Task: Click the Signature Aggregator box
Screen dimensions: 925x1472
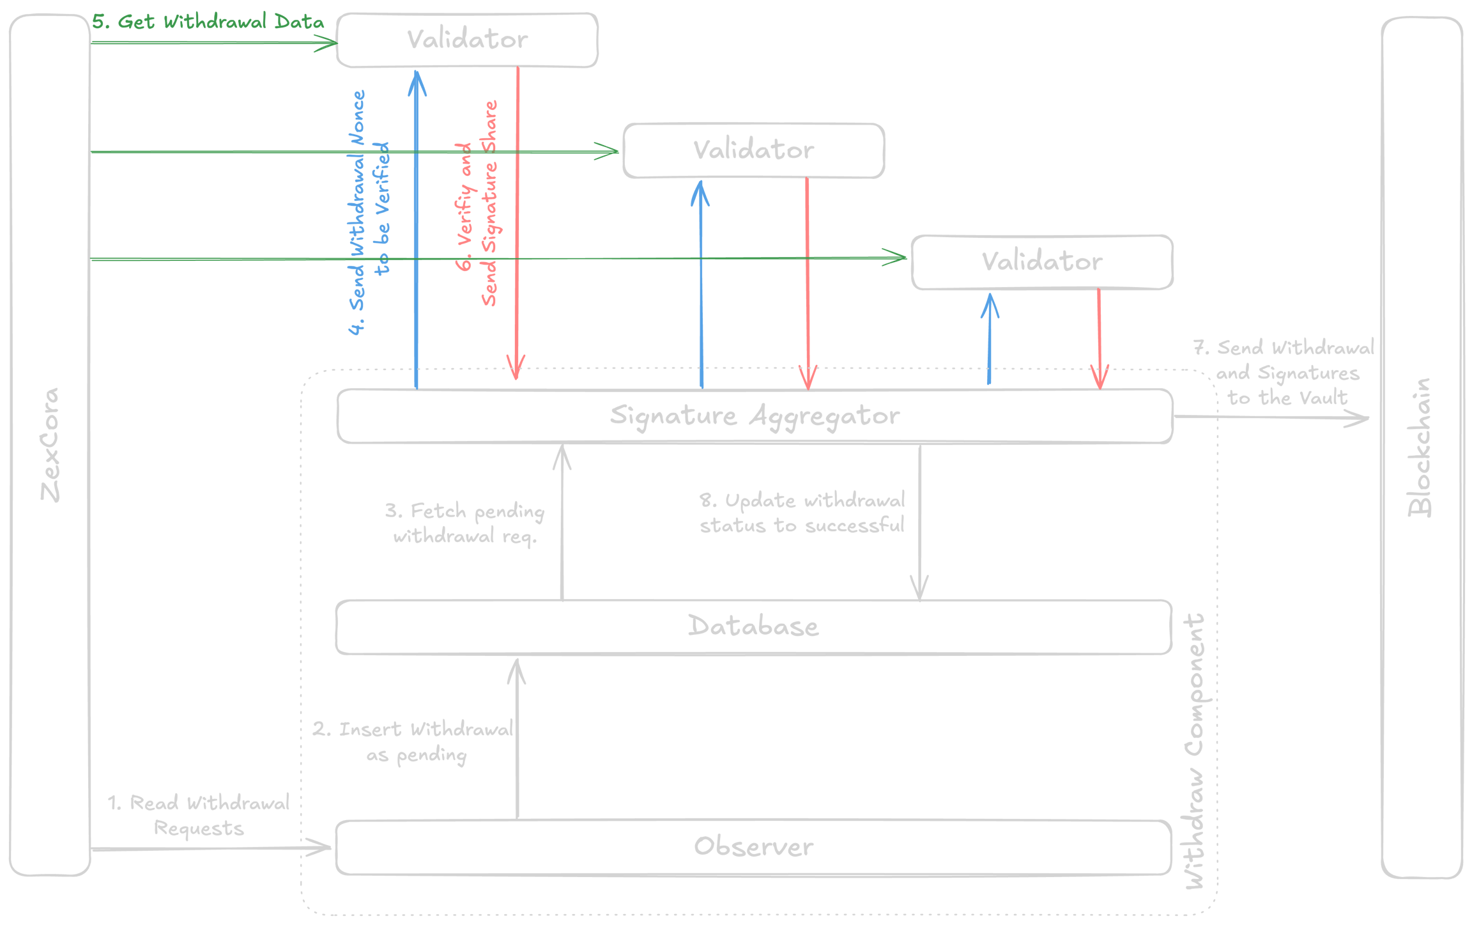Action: [754, 416]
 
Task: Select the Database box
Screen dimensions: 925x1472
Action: [754, 626]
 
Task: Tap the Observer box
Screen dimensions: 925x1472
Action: [754, 846]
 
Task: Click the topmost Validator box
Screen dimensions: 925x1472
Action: [467, 40]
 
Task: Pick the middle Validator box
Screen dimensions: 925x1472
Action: [754, 150]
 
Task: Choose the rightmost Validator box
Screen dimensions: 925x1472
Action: [1042, 261]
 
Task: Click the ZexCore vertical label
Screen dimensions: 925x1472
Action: [50, 445]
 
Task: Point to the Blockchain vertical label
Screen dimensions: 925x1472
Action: [1420, 447]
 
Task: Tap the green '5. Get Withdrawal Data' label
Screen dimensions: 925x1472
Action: [208, 22]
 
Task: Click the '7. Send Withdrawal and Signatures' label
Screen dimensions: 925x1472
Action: [1284, 373]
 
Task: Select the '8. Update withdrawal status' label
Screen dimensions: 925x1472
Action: [802, 513]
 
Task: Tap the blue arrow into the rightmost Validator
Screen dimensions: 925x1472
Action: [990, 339]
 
